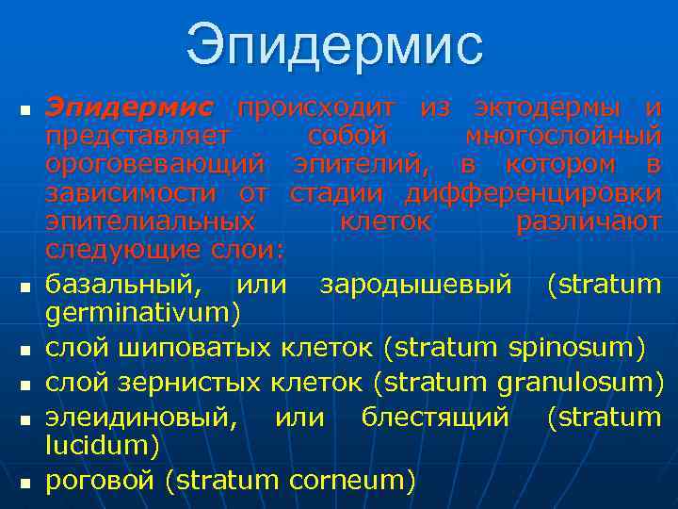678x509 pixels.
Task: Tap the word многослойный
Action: [563, 136]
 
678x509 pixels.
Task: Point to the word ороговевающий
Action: [155, 165]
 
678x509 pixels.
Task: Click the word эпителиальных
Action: [151, 222]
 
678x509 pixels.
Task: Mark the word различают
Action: [589, 222]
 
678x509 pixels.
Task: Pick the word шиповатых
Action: [199, 348]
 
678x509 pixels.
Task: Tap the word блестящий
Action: [435, 416]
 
